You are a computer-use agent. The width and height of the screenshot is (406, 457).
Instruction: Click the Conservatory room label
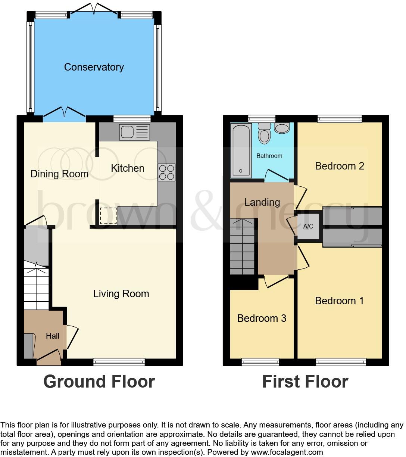(94, 67)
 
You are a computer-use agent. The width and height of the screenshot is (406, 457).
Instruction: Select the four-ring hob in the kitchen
(166, 172)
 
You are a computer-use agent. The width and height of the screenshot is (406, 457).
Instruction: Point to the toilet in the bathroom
(265, 133)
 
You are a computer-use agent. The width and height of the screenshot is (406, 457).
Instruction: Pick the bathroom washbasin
(282, 128)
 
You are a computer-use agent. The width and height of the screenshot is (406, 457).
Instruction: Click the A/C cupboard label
(308, 226)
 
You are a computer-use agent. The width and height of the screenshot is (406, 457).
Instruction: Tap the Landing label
(262, 202)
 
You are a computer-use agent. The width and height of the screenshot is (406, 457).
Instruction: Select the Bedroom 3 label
(262, 318)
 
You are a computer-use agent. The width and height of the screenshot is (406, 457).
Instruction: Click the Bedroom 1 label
(339, 301)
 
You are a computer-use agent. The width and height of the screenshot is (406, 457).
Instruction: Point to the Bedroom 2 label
(339, 166)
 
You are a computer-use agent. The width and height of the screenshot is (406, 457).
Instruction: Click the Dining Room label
(59, 174)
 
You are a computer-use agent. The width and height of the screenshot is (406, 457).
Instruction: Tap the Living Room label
(121, 294)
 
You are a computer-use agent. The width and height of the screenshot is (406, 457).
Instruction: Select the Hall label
(53, 336)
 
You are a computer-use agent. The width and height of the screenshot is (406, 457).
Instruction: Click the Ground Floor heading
(99, 382)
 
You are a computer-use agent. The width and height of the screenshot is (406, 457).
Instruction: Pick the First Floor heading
(305, 382)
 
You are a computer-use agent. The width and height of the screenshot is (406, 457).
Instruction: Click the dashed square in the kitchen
(109, 215)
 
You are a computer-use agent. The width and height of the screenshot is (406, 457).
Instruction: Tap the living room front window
(119, 361)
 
